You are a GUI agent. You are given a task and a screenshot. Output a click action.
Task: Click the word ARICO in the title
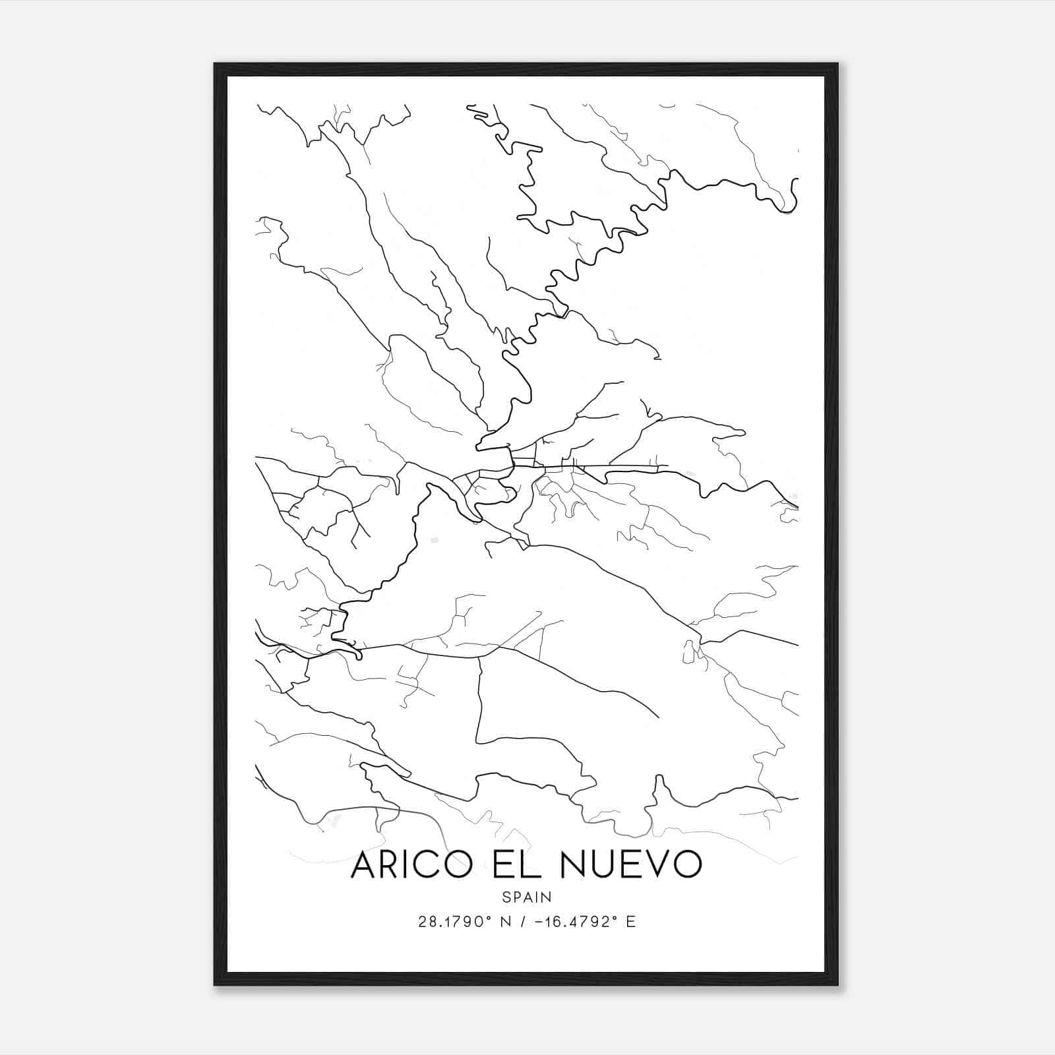412,864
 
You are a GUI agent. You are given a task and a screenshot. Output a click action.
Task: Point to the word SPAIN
527,897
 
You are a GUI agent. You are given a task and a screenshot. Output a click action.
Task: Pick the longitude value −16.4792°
574,922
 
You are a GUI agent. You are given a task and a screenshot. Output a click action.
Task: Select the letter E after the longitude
631,922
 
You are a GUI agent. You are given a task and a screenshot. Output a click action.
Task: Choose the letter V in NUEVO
662,864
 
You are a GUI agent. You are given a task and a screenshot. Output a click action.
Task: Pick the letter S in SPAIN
506,897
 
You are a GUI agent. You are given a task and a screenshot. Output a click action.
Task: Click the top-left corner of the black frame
215,64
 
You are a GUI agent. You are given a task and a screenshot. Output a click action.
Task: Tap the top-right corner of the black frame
837,64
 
